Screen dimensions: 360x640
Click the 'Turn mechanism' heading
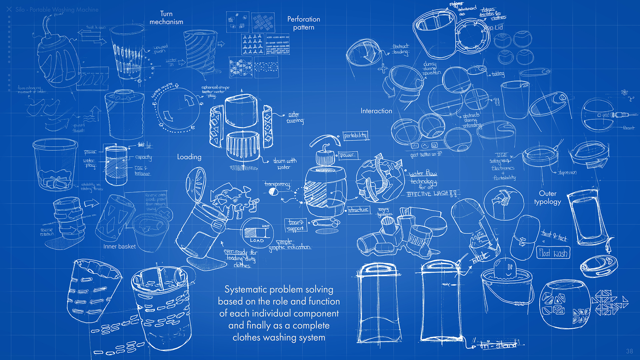pyautogui.click(x=166, y=18)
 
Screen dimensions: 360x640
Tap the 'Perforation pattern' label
pyautogui.click(x=303, y=23)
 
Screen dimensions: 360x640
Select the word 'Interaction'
pyautogui.click(x=376, y=111)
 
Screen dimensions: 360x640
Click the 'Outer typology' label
pyautogui.click(x=547, y=197)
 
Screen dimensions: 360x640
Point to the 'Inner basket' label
pyautogui.click(x=119, y=246)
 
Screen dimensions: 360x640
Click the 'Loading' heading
pyautogui.click(x=189, y=157)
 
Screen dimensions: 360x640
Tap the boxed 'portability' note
pyautogui.click(x=355, y=135)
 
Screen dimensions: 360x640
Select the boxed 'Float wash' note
pyautogui.click(x=553, y=253)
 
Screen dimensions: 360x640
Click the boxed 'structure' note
pyautogui.click(x=358, y=210)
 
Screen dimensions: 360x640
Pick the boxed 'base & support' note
pyautogui.click(x=295, y=225)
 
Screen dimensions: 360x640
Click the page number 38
pyautogui.click(x=629, y=351)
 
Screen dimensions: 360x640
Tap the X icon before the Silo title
pyautogui.click(x=9, y=9)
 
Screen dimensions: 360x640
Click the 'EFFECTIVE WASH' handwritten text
pyautogui.click(x=433, y=193)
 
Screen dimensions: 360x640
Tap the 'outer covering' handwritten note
pyautogui.click(x=295, y=118)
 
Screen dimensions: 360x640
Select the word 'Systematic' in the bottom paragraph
pyautogui.click(x=245, y=289)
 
